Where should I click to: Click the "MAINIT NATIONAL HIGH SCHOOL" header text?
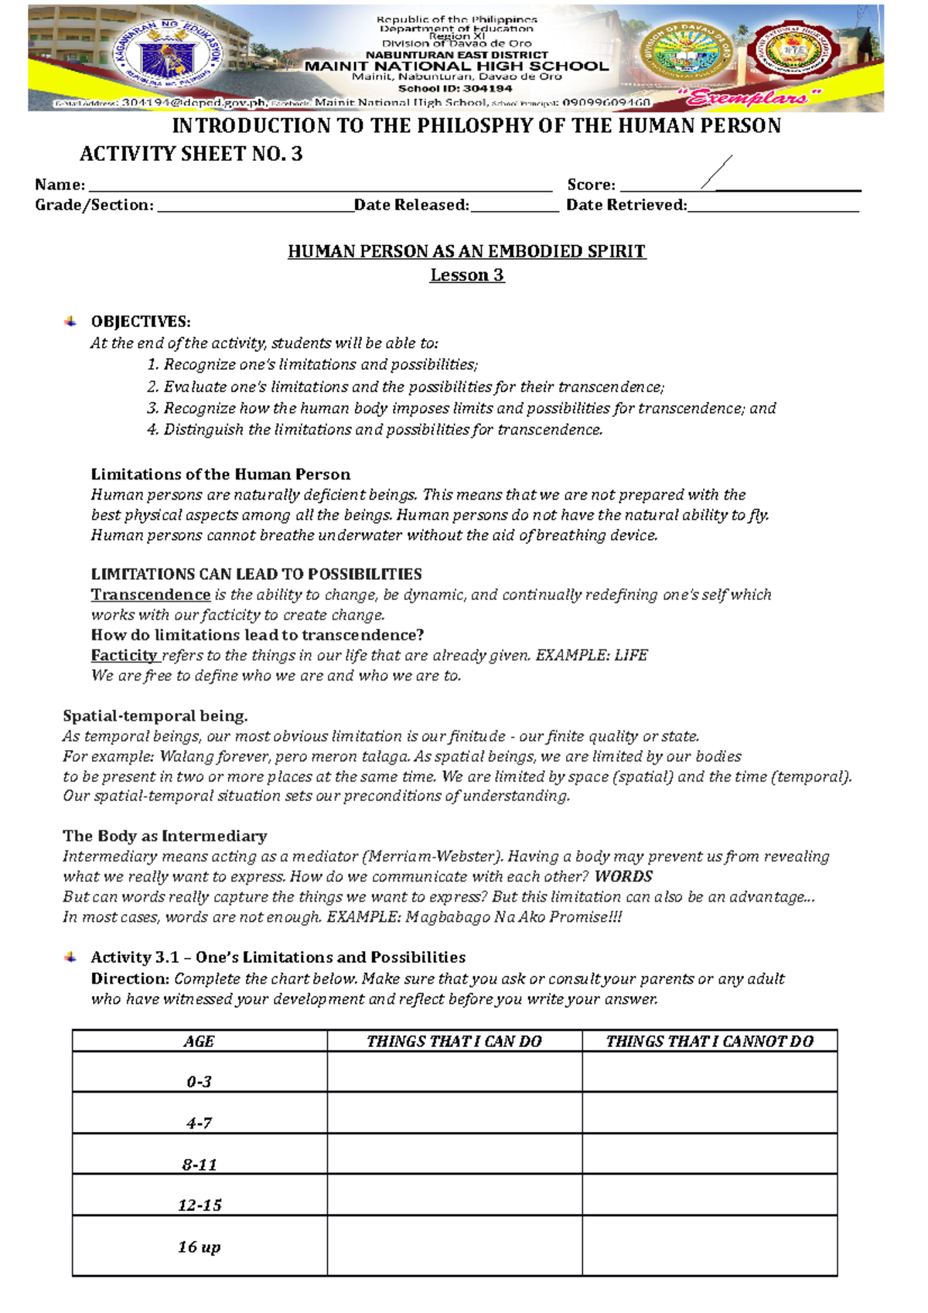456,67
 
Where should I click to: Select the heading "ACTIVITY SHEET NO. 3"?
191,154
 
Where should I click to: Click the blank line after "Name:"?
320,186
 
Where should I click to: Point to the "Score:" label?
592,185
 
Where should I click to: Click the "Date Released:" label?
411,205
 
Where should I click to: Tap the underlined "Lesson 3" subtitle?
467,275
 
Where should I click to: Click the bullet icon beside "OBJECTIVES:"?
70,322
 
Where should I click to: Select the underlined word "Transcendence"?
151,595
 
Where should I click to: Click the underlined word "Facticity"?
125,655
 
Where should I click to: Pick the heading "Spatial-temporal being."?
155,716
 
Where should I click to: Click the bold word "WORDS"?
623,876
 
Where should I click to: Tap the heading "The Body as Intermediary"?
165,836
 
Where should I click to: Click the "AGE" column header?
199,1042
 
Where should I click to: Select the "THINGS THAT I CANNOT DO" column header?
709,1042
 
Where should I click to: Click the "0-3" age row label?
199,1082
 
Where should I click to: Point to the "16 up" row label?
199,1246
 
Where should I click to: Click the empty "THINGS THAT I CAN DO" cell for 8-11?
454,1154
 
